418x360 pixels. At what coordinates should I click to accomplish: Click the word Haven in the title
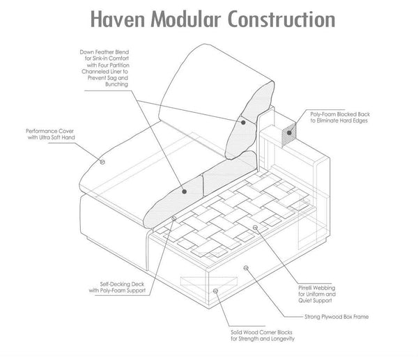[x=118, y=19]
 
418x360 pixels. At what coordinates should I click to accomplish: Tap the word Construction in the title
[x=281, y=19]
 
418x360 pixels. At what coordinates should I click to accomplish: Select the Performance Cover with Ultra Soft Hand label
[x=50, y=134]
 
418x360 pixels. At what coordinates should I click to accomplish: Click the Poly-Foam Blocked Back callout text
[x=340, y=117]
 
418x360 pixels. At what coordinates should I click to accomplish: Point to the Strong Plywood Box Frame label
[x=336, y=317]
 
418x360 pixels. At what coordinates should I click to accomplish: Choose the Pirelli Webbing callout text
[x=317, y=294]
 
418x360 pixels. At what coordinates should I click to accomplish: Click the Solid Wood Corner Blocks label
[x=263, y=336]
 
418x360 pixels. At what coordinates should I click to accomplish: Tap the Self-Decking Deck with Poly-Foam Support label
[x=117, y=288]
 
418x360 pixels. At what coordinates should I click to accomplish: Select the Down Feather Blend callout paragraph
[x=104, y=68]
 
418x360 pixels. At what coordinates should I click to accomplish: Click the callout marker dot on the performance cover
[x=102, y=162]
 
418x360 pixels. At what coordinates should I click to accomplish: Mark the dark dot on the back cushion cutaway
[x=243, y=123]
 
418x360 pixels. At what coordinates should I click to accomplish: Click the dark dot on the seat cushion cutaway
[x=184, y=191]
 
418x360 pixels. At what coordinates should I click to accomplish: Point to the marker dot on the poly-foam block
[x=289, y=133]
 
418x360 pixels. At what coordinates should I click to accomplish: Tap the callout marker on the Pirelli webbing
[x=255, y=227]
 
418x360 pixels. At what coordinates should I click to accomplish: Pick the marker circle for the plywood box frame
[x=246, y=268]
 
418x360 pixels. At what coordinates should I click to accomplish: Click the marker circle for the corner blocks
[x=216, y=291]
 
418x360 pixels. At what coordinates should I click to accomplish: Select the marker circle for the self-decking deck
[x=173, y=219]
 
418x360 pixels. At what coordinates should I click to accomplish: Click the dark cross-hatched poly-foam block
[x=289, y=135]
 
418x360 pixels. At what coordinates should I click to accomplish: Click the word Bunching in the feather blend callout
[x=116, y=84]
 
